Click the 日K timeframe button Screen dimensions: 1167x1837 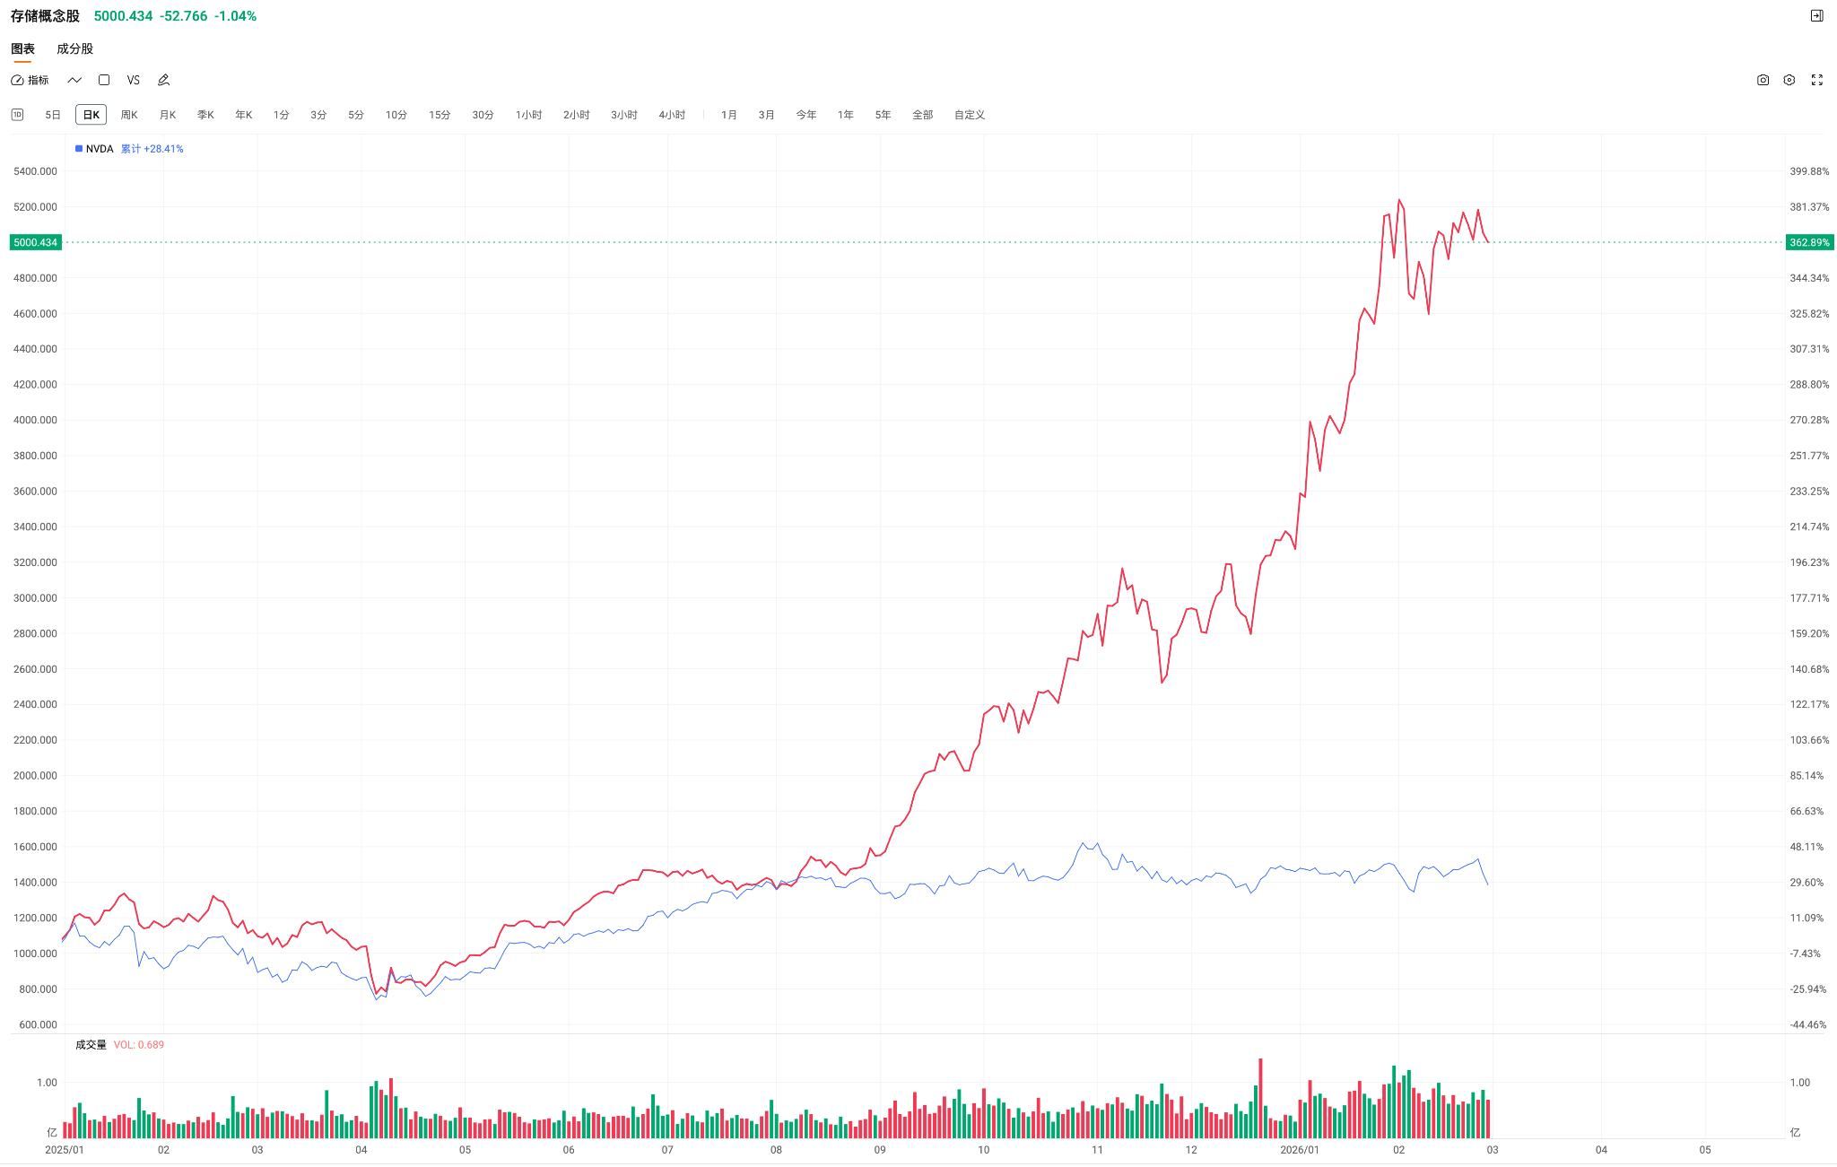91,115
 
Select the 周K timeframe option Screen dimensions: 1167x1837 129,115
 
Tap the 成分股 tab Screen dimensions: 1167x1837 74,49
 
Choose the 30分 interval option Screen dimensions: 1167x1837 483,115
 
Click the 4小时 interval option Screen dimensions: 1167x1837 671,115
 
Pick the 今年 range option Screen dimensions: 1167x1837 805,115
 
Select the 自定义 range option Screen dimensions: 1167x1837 969,115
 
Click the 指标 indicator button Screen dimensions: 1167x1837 30,81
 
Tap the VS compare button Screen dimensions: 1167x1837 134,81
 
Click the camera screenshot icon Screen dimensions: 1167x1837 1763,81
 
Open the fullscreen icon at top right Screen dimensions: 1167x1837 1816,81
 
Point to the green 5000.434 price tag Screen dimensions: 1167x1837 36,243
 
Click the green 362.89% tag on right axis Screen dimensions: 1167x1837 1808,243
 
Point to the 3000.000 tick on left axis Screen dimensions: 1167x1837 35,598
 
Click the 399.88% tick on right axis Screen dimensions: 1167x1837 1808,171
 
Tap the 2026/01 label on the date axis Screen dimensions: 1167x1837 1299,1150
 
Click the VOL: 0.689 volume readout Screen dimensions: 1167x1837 138,1045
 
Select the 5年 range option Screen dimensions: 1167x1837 883,115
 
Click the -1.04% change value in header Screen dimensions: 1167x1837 235,16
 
